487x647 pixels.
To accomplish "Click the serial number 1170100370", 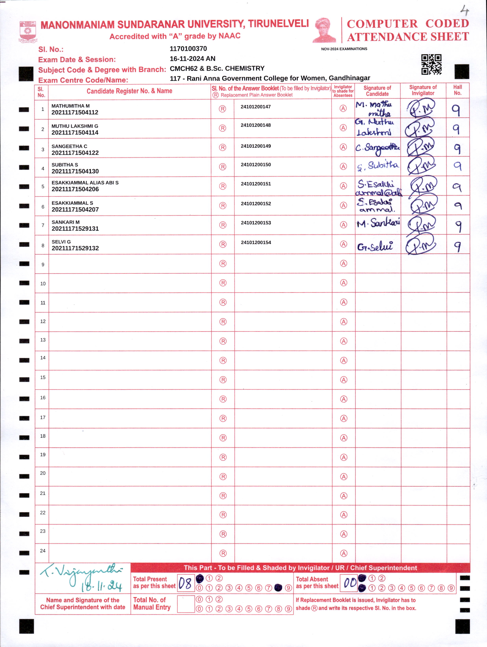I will click(188, 49).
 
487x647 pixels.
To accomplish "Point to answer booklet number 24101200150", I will click(256, 165).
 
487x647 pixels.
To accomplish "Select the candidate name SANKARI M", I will click(66, 222).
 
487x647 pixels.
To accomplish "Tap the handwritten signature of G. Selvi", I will click(375, 247).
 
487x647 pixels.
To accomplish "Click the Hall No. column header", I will click(457, 90).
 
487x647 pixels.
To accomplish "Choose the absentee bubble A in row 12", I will click(344, 322).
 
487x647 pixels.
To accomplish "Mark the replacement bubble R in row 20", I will click(223, 477).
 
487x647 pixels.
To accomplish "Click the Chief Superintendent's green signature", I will click(82, 576).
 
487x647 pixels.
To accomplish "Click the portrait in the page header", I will click(325, 30).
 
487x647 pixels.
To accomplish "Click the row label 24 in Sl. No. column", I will click(43, 551).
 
